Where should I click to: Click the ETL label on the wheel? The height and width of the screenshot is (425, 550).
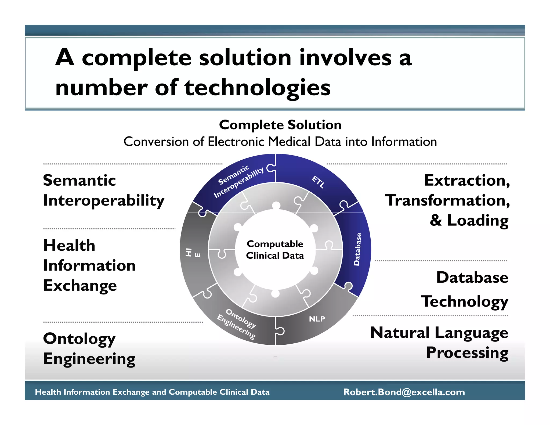[x=318, y=182]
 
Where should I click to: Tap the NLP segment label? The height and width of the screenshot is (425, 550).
[x=317, y=319]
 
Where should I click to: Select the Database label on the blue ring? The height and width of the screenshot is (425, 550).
[x=357, y=249]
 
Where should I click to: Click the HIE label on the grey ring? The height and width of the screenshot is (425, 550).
[x=193, y=253]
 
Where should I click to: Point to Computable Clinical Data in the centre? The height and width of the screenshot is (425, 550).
[x=275, y=250]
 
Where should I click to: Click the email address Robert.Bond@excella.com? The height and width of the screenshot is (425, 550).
[x=404, y=392]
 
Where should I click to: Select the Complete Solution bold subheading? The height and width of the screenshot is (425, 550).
[x=280, y=125]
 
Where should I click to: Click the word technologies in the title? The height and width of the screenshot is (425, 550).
[x=257, y=88]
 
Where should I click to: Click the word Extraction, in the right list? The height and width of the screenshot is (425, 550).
[x=467, y=180]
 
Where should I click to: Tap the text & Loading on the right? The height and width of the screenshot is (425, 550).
[x=469, y=220]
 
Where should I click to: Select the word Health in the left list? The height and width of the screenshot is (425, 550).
[x=69, y=245]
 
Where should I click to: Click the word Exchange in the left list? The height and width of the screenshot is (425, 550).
[x=80, y=285]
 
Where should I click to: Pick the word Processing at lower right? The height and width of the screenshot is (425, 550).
[x=467, y=353]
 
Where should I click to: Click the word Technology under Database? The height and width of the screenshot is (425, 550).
[x=464, y=301]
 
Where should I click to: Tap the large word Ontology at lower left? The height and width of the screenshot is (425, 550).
[x=79, y=339]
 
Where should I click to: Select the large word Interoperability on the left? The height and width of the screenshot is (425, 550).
[x=104, y=201]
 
